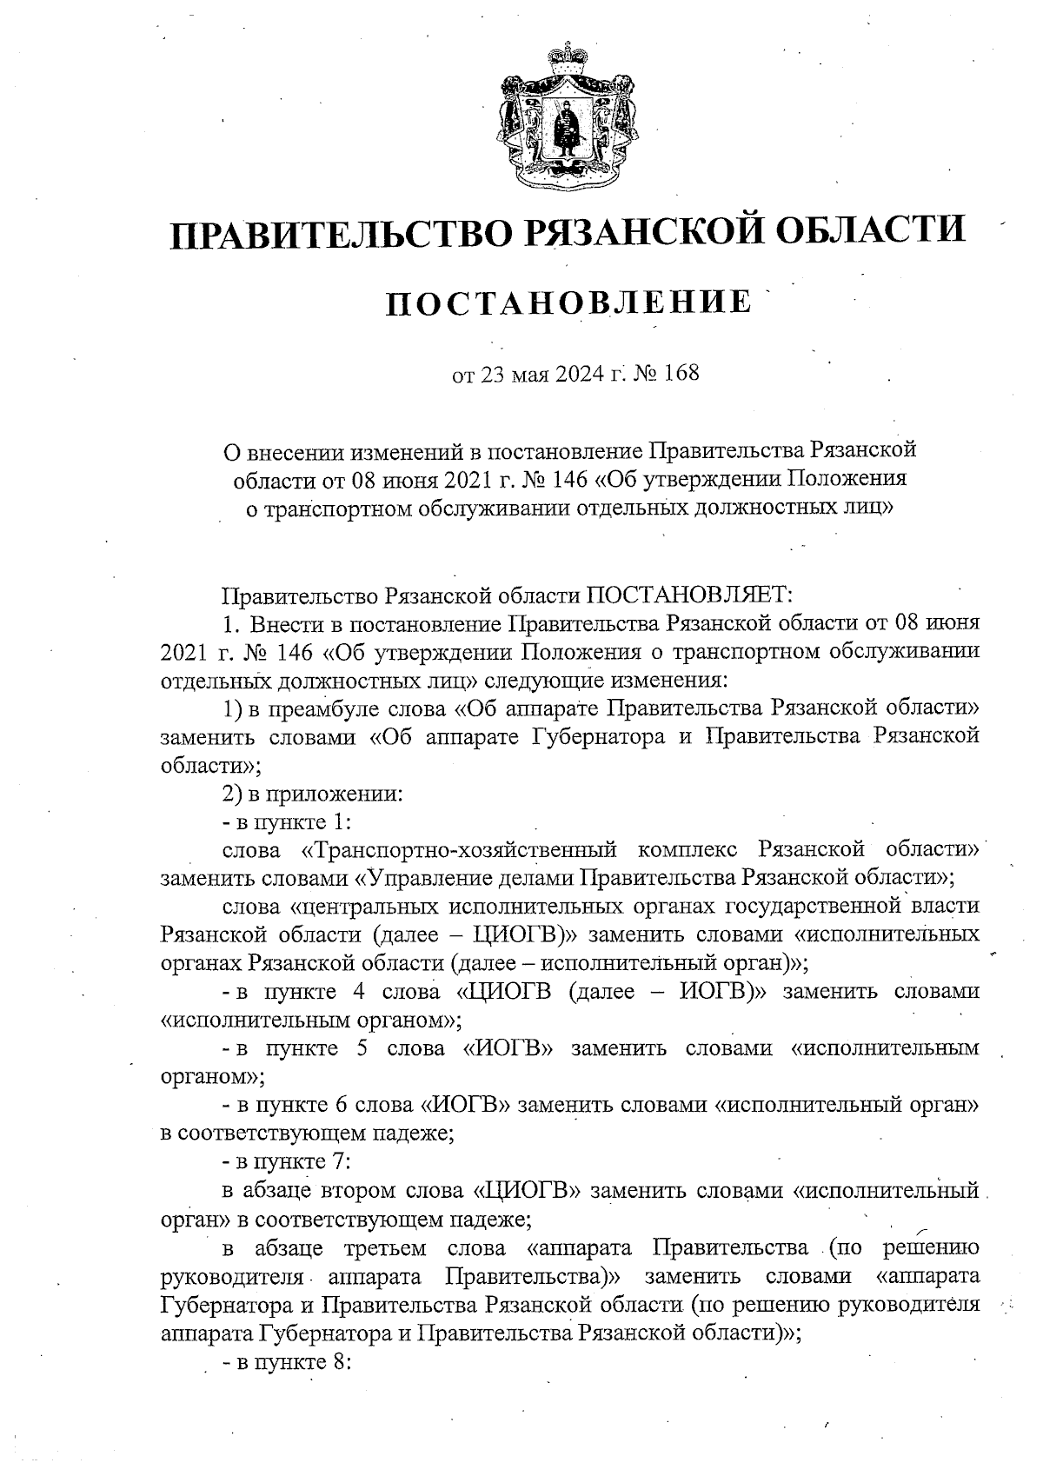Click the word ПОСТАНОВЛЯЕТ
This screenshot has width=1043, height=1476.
690,595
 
